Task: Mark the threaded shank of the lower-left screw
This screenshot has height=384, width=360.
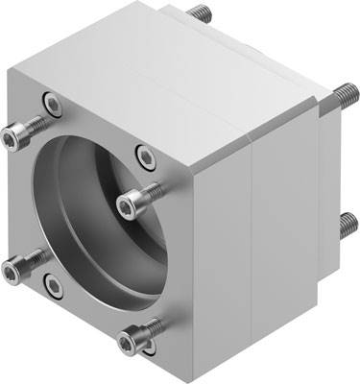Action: point(35,257)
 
